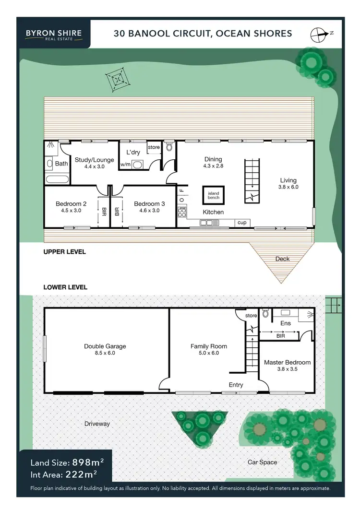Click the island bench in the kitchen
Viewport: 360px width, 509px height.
pos(213,195)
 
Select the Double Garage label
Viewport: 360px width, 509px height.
pos(105,346)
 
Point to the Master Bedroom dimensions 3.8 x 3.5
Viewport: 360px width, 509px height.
pos(287,370)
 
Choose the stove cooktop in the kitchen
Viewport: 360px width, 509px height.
pos(182,211)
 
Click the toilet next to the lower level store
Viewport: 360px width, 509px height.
pos(265,315)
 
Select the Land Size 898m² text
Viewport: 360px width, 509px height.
pos(67,462)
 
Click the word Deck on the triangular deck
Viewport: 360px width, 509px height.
pos(282,259)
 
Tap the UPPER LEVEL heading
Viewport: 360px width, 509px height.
pos(64,251)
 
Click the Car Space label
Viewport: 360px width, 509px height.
pos(262,462)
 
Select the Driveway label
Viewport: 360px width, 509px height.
pos(97,424)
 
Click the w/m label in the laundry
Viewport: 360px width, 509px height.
pos(125,165)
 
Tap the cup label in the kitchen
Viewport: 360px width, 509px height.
pos(242,223)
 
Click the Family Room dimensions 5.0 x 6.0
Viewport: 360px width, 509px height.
pos(208,353)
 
